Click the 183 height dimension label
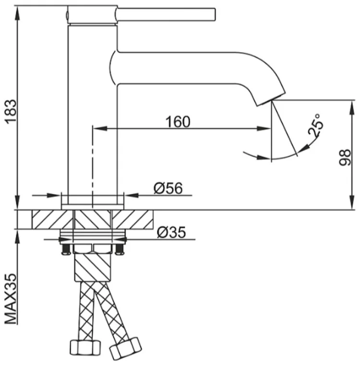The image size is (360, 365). pyautogui.click(x=11, y=112)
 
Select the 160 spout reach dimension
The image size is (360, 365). pyautogui.click(x=178, y=122)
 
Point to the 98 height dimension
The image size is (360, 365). pyautogui.click(x=345, y=158)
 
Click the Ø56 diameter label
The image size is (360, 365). pyautogui.click(x=168, y=188)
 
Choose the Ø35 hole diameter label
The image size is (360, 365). pyautogui.click(x=171, y=232)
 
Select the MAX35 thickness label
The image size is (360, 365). pyautogui.click(x=11, y=299)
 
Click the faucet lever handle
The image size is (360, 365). pyautogui.click(x=166, y=14)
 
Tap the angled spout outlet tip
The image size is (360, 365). pyautogui.click(x=271, y=100)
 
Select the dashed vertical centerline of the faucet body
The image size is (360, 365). pyautogui.click(x=93, y=167)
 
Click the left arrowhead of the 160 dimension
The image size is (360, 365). pyautogui.click(x=100, y=128)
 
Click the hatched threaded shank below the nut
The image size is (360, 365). pyautogui.click(x=92, y=267)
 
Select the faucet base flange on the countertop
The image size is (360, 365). pyautogui.click(x=93, y=207)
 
